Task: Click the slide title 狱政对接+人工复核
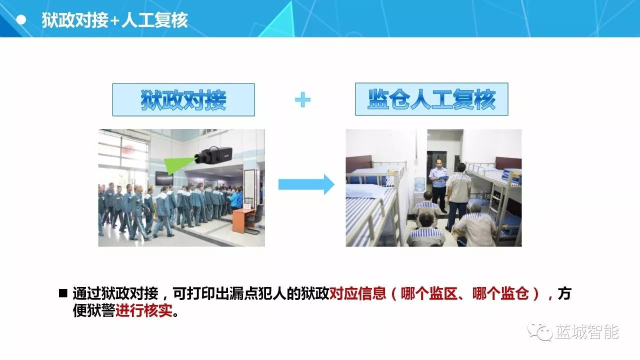(115, 20)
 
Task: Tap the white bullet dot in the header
(21, 20)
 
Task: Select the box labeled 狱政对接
(183, 99)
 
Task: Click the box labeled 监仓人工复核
(431, 99)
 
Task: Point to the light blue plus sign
(302, 99)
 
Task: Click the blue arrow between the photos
(306, 184)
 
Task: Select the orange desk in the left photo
(243, 220)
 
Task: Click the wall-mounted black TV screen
(164, 178)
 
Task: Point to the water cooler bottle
(419, 184)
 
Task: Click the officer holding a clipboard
(438, 185)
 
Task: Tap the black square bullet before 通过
(63, 293)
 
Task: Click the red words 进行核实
(144, 310)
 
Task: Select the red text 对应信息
(357, 293)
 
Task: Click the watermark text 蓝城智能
(587, 332)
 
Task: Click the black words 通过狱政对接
(115, 293)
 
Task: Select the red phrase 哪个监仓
(500, 293)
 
